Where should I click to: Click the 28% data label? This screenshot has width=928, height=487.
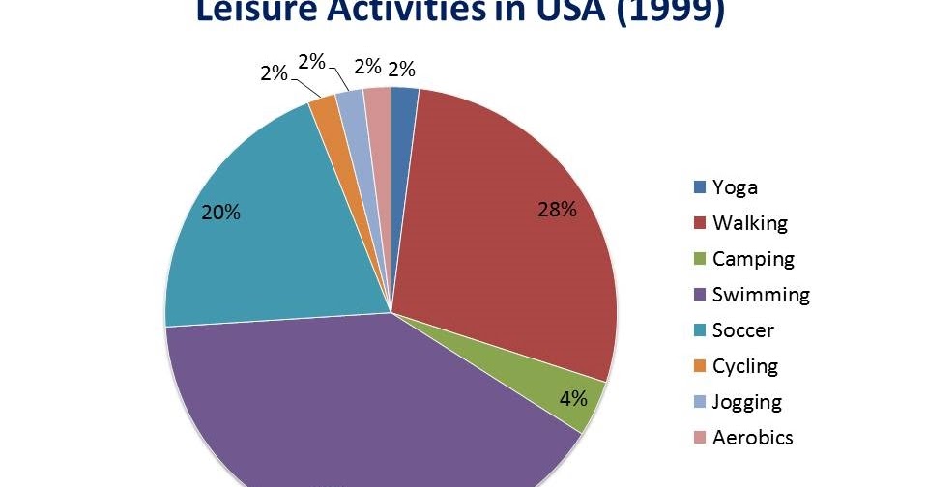pyautogui.click(x=557, y=210)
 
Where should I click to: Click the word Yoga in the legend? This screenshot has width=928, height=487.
pyautogui.click(x=735, y=187)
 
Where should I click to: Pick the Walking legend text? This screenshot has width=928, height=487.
pyautogui.click(x=749, y=223)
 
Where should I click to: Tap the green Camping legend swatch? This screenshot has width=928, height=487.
pyautogui.click(x=699, y=259)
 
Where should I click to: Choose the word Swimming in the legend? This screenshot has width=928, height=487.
pyautogui.click(x=761, y=295)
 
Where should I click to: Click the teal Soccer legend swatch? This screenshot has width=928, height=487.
pyautogui.click(x=699, y=330)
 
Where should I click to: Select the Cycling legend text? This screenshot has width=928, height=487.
pyautogui.click(x=744, y=366)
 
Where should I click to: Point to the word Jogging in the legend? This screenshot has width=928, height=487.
pyautogui.click(x=746, y=402)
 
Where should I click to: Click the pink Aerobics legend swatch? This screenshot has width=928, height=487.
pyautogui.click(x=699, y=438)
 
